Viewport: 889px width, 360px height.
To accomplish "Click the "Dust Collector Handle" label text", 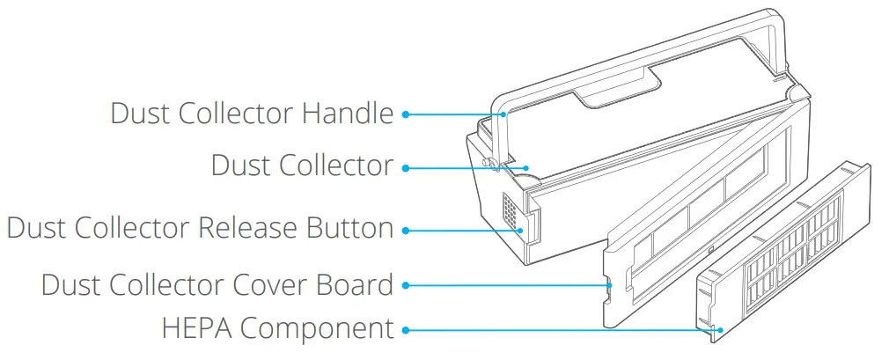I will coord(252,114).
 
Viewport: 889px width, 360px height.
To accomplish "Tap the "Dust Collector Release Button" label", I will coord(200,228).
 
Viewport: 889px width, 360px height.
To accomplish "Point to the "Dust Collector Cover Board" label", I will coord(217,285).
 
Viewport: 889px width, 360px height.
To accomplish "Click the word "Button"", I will coord(349,228).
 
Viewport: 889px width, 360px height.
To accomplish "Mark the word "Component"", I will coord(316,329).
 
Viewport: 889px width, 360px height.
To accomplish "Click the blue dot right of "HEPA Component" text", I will coord(406,331).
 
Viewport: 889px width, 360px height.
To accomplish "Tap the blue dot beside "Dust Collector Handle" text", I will coord(406,114).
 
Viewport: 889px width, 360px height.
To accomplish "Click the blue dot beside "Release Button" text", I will coord(406,231).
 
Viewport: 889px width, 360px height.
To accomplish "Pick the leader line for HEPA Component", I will coord(563,331).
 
